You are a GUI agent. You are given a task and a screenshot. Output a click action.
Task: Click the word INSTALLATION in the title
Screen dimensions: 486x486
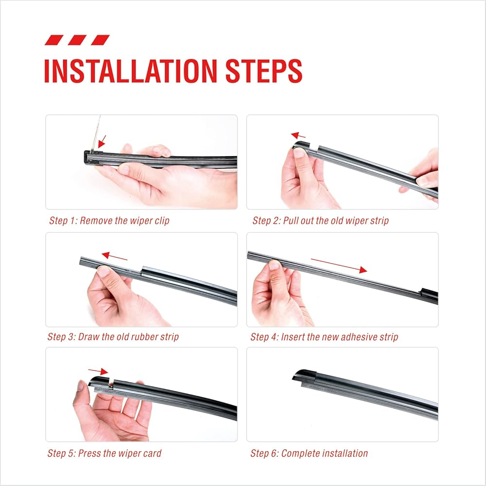click(130, 71)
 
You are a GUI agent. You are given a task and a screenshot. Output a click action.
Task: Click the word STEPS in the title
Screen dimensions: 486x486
click(264, 71)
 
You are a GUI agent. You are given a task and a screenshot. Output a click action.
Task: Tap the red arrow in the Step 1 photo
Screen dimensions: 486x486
click(102, 141)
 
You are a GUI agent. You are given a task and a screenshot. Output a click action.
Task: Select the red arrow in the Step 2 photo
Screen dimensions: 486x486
click(298, 135)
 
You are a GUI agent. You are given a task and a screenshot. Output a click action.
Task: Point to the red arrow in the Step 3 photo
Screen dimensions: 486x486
click(114, 256)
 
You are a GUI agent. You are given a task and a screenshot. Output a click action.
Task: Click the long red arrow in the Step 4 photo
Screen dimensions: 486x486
click(339, 266)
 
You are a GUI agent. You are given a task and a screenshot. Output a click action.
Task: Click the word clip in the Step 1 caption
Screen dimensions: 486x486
click(162, 221)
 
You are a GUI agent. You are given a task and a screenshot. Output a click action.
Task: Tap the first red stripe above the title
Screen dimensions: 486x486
click(54, 40)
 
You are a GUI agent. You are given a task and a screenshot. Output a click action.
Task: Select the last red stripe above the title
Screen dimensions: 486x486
click(100, 40)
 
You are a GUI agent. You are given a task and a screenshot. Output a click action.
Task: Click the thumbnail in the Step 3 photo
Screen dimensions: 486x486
click(103, 272)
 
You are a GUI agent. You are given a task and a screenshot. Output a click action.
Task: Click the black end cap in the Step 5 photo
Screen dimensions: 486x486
click(99, 381)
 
